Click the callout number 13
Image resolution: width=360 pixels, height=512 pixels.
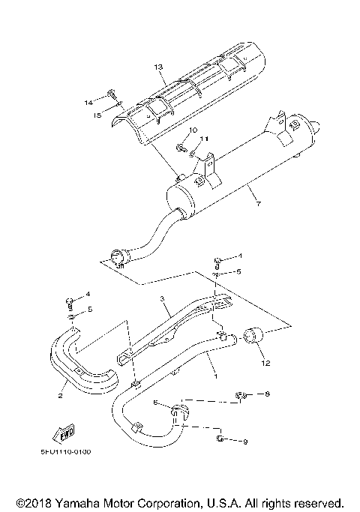click(158, 67)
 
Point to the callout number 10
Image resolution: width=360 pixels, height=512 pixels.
click(192, 130)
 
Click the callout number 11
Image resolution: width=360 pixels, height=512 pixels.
click(206, 139)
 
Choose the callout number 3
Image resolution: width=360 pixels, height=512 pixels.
click(160, 299)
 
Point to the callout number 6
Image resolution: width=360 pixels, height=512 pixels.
click(155, 403)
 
